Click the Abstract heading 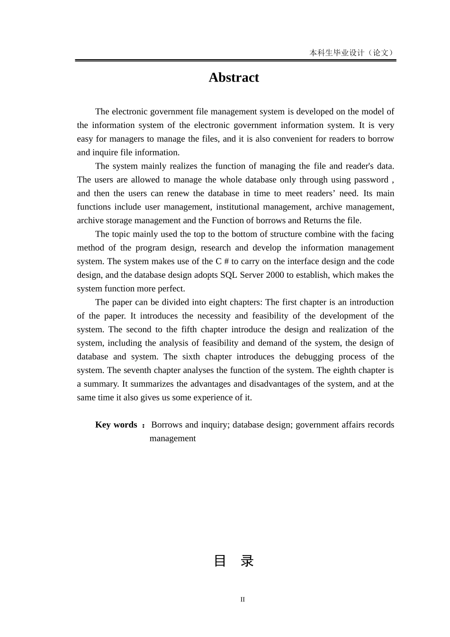234,78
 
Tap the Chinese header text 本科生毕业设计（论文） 352,53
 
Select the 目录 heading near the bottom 234,561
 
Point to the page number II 243,600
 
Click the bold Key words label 116,425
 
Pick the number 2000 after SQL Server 275,275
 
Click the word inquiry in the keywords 215,425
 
